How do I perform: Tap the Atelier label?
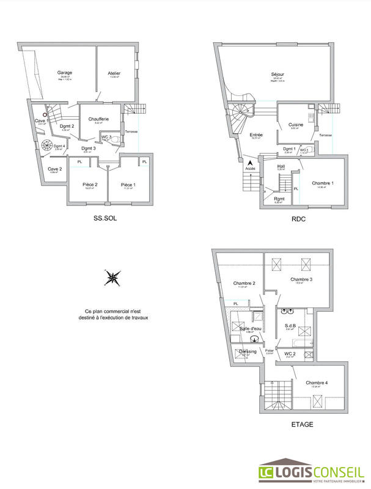[x=114, y=73]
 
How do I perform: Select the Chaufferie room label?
[x=98, y=119]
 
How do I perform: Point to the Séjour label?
[x=278, y=75]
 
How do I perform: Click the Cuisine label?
[x=296, y=124]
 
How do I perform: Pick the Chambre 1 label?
[x=322, y=183]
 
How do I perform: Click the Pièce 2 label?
[x=90, y=184]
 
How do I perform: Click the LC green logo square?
[x=266, y=471]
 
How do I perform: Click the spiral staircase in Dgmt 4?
[x=48, y=146]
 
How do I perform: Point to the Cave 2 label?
[x=55, y=169]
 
